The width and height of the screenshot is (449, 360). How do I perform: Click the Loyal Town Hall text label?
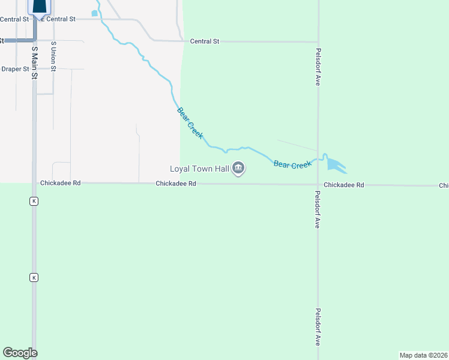199,169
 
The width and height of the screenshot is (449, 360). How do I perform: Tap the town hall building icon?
238,169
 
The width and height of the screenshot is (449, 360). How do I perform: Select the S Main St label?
35,63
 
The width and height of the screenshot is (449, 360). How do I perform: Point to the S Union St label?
53,56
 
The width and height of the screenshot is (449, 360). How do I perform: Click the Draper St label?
15,69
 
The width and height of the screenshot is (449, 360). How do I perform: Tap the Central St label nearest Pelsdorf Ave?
205,41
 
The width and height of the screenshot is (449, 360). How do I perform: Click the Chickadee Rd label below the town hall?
176,184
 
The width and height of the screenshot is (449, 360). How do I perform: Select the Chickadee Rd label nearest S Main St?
60,183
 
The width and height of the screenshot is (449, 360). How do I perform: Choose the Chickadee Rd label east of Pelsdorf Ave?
344,185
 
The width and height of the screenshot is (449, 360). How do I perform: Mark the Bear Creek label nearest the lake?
292,164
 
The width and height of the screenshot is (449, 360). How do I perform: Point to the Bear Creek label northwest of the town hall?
190,123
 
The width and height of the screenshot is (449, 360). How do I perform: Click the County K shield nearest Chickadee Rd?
34,202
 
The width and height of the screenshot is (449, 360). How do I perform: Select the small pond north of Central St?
94,13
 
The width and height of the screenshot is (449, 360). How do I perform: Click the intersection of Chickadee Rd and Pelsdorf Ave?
318,185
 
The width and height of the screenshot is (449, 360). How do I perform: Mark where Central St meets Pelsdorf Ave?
318,42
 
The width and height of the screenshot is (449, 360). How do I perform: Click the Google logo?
20,353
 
